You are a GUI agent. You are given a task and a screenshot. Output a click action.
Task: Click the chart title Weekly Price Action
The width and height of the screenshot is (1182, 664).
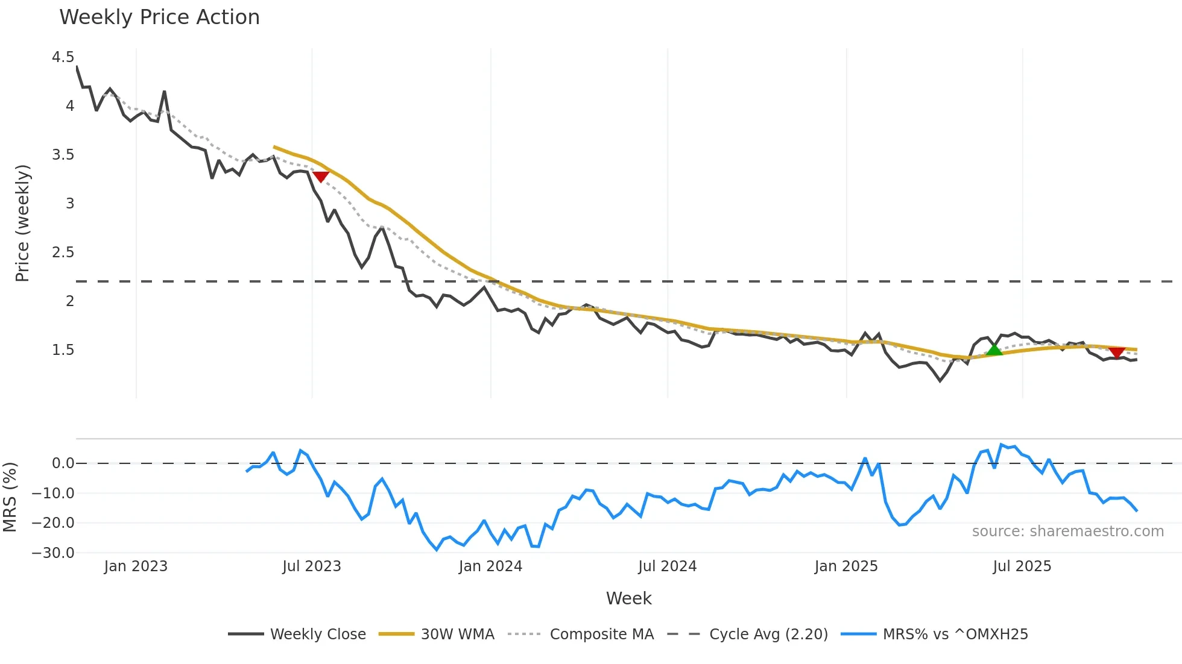click(x=159, y=17)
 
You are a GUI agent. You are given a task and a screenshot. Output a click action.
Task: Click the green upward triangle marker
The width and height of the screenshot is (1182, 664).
click(x=994, y=349)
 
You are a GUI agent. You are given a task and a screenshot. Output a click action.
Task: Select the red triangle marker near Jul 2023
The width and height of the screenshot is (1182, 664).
click(x=321, y=177)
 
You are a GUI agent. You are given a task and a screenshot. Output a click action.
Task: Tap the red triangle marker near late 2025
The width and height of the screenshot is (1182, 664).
click(x=1117, y=352)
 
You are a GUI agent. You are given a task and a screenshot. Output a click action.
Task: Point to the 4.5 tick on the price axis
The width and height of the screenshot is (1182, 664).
click(x=63, y=57)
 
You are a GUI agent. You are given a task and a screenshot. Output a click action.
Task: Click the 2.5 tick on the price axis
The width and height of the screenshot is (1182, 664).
click(x=63, y=252)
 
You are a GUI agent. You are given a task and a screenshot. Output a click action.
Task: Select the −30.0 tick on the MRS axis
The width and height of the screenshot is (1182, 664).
click(x=53, y=553)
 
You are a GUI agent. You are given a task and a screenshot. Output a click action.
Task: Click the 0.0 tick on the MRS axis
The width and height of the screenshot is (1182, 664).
click(x=63, y=463)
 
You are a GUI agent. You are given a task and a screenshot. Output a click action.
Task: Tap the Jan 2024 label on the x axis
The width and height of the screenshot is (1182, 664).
click(x=490, y=566)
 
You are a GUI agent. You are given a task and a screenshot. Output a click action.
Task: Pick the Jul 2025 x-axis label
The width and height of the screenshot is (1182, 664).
click(x=1022, y=566)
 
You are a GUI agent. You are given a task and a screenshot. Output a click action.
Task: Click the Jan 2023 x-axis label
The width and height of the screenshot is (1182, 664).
click(x=136, y=566)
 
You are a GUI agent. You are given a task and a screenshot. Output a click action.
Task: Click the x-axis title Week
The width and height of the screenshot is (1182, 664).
click(x=628, y=598)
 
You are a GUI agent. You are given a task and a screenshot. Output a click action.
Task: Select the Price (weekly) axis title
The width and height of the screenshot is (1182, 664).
click(x=22, y=223)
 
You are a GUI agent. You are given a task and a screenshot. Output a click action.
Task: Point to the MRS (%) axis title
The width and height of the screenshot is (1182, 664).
click(x=10, y=497)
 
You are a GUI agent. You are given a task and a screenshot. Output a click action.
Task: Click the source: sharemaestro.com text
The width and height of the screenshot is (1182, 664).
click(x=1067, y=531)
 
